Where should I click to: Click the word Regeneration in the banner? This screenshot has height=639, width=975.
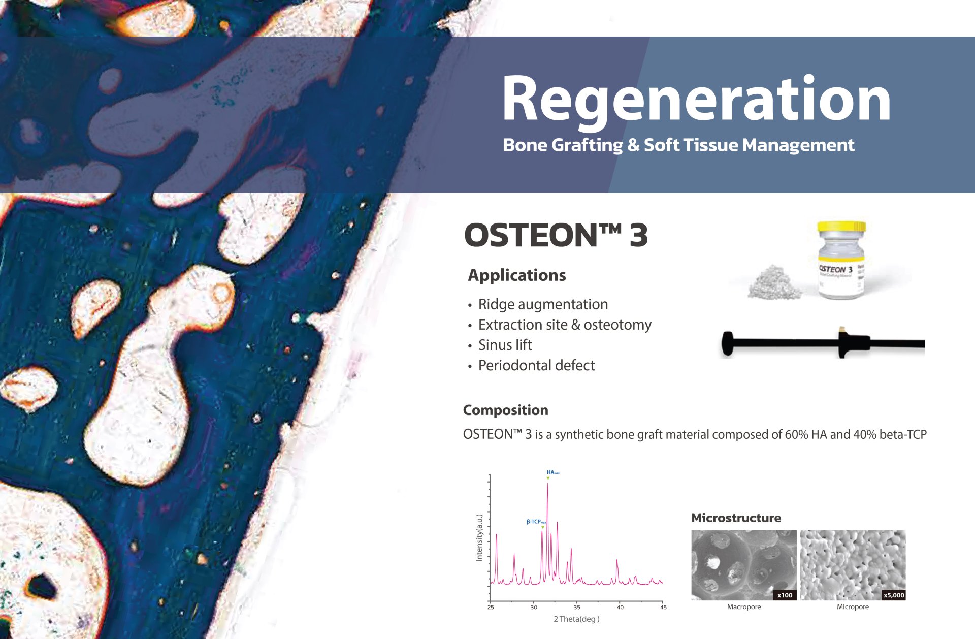[696, 99]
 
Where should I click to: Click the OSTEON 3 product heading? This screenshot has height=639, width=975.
[556, 235]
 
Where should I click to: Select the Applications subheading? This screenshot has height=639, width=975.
[516, 275]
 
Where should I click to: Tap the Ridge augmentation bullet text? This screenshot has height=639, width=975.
[543, 304]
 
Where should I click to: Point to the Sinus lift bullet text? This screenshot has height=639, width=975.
[505, 345]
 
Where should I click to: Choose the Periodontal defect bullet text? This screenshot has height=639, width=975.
[536, 365]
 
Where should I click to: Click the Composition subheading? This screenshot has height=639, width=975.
[505, 410]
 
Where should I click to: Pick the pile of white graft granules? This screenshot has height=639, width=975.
[773, 282]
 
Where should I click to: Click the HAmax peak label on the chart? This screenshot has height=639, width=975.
[552, 472]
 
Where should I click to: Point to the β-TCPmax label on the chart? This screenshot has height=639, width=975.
[536, 522]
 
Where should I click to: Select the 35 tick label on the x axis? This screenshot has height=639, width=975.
[577, 607]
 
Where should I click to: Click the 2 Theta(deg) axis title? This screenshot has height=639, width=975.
[576, 619]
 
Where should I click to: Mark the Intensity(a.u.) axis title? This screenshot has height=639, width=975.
[479, 538]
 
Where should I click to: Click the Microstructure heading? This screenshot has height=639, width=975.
[736, 518]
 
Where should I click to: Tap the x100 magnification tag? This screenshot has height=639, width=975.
[785, 595]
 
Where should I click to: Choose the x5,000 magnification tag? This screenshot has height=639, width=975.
[893, 595]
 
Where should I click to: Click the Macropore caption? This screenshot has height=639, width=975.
[743, 606]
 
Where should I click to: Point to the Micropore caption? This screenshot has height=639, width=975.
[853, 606]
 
